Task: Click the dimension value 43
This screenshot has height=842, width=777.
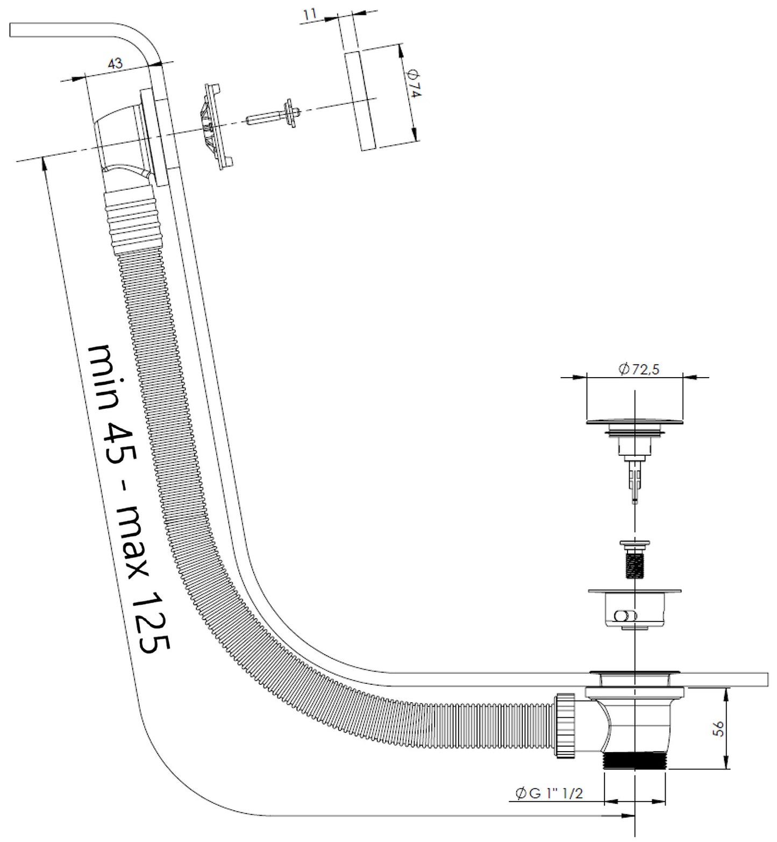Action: (116, 63)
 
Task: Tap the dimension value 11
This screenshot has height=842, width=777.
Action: (310, 15)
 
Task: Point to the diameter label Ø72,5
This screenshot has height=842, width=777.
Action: (639, 369)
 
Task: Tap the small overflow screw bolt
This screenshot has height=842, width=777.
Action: (274, 114)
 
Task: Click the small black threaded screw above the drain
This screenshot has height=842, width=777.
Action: (635, 560)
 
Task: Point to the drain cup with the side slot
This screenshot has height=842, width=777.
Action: (635, 608)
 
